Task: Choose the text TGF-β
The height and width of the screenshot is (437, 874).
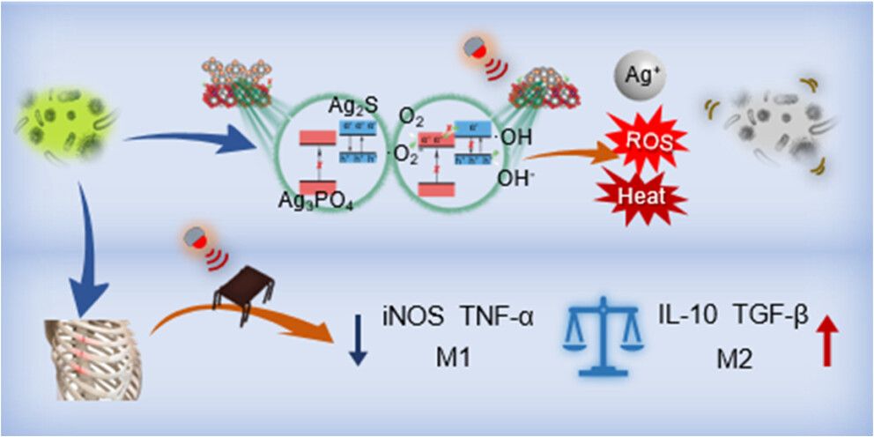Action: [776, 314]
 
